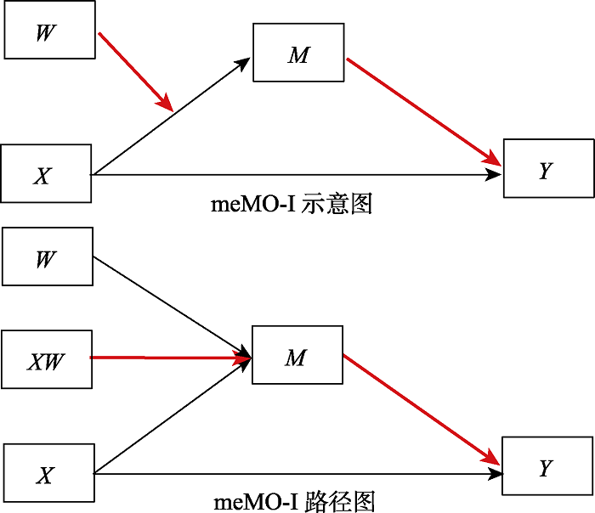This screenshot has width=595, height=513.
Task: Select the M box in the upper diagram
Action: tap(298, 54)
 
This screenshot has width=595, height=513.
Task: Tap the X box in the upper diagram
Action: tap(46, 174)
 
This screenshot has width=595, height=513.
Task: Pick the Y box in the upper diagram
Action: tap(547, 169)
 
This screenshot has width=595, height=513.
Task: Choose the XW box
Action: tap(46, 360)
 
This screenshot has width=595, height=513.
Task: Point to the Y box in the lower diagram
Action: tap(547, 466)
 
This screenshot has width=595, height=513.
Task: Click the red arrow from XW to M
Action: tap(170, 358)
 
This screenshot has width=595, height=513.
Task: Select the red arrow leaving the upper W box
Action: tap(136, 72)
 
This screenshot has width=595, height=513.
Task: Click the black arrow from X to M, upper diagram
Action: tap(170, 117)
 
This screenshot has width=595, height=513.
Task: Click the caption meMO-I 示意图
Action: tap(292, 204)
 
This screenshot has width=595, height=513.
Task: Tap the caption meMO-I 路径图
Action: tap(294, 501)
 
